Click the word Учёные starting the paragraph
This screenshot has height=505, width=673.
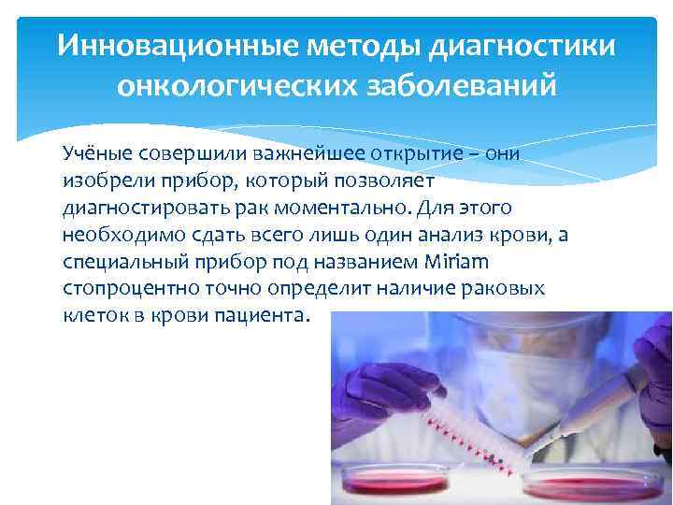97,152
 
